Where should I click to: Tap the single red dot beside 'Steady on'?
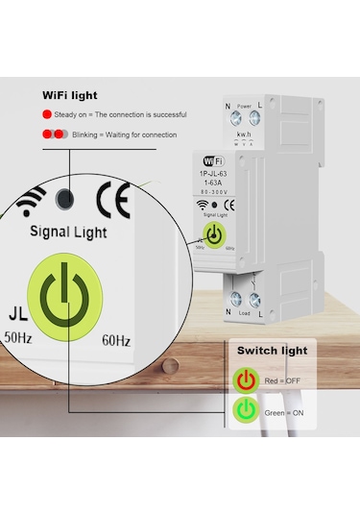click(47, 114)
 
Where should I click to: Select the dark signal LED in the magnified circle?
click(66, 199)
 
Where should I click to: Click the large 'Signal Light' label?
click(68, 232)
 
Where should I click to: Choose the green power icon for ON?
click(247, 411)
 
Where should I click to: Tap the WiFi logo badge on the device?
click(213, 158)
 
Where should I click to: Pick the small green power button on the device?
click(213, 235)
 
